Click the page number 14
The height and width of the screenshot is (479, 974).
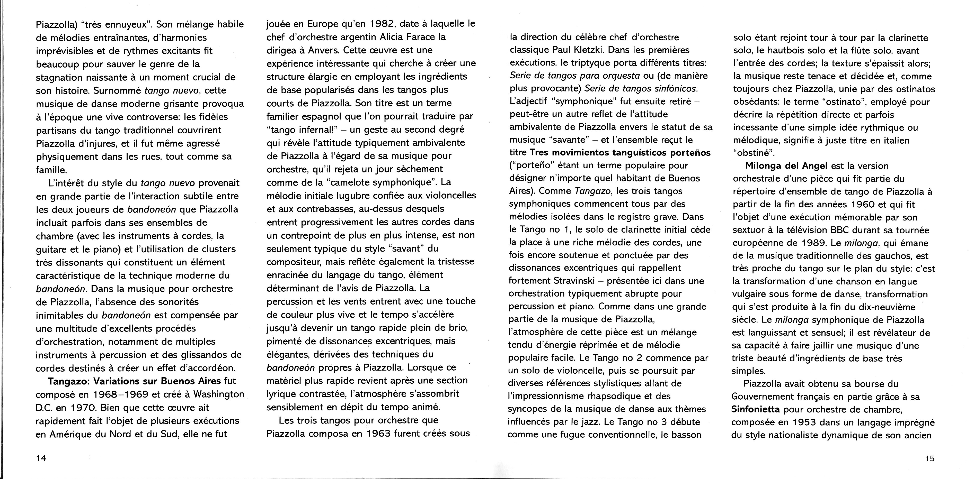pos(41,458)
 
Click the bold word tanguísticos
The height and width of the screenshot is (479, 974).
pos(634,153)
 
